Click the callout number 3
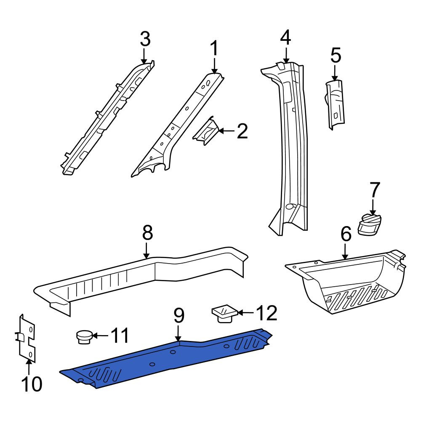[145, 39]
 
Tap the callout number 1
[214, 48]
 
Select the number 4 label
[285, 38]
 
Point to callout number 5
[336, 55]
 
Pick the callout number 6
[346, 234]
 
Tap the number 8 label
[147, 232]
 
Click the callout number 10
[32, 384]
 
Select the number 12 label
[266, 313]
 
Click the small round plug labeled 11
[84, 337]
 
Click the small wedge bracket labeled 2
[206, 131]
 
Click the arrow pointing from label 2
[226, 131]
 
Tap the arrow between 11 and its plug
[100, 336]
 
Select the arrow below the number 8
[147, 250]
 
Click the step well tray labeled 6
[346, 282]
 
